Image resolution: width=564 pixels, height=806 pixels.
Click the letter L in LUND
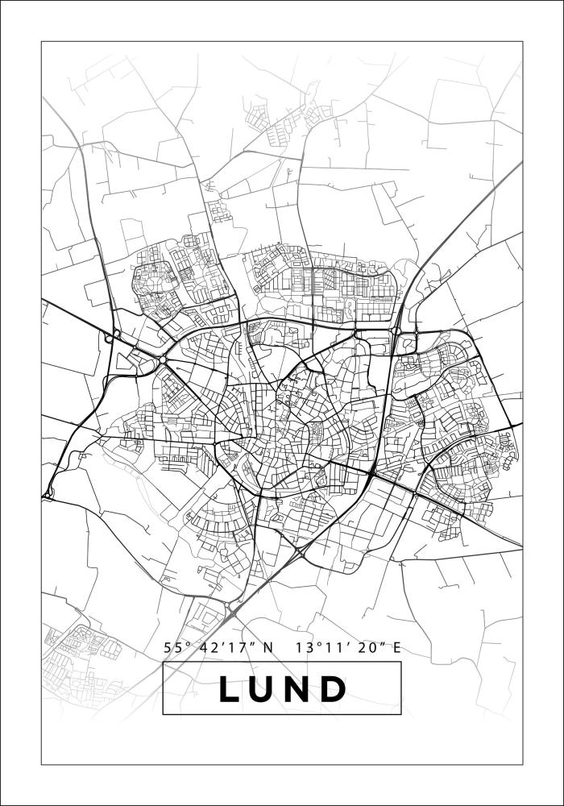coord(230,689)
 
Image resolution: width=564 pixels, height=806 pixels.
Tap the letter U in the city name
coord(267,689)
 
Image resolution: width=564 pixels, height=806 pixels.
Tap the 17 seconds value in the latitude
coord(234,647)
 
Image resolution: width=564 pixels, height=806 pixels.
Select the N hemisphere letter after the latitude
coord(268,647)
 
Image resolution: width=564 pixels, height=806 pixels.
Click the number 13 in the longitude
coord(303,647)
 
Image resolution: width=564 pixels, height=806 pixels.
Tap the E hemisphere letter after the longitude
coord(396,647)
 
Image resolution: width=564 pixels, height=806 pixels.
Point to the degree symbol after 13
coord(315,643)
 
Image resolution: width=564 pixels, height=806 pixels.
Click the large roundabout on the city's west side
coord(164,360)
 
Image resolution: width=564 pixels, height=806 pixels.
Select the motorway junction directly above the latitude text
coord(230,606)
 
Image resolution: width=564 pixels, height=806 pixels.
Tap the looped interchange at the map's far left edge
coord(48,490)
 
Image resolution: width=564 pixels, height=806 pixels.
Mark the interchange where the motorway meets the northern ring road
coord(397,330)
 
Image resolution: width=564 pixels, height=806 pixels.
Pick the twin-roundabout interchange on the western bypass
coord(114,337)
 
